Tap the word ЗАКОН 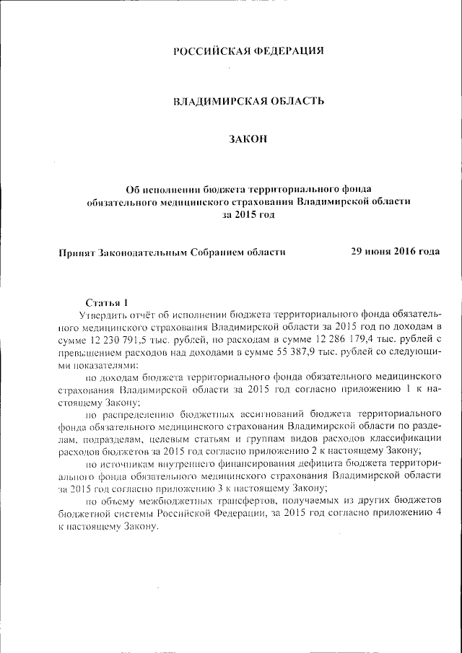pos(248,139)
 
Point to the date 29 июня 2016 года pos(395,252)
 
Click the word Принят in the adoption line pos(77,253)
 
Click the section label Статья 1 pos(106,302)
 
